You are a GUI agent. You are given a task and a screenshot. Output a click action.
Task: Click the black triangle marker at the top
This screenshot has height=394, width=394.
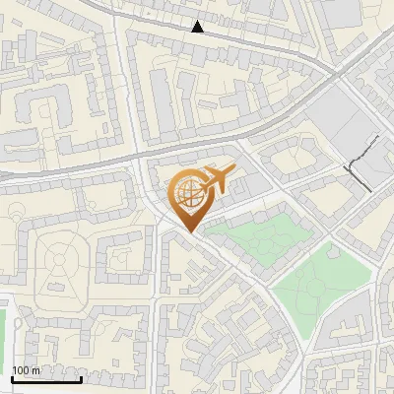coord(198,27)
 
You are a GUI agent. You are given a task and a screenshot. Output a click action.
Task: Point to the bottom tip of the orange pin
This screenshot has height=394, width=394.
coord(187,231)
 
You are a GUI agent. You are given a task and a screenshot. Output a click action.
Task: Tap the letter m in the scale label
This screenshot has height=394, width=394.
coord(36,369)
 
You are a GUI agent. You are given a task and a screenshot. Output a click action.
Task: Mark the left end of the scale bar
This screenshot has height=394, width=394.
coord(12,378)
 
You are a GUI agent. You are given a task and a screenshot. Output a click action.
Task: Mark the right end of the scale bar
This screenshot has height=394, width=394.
coord(81,378)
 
